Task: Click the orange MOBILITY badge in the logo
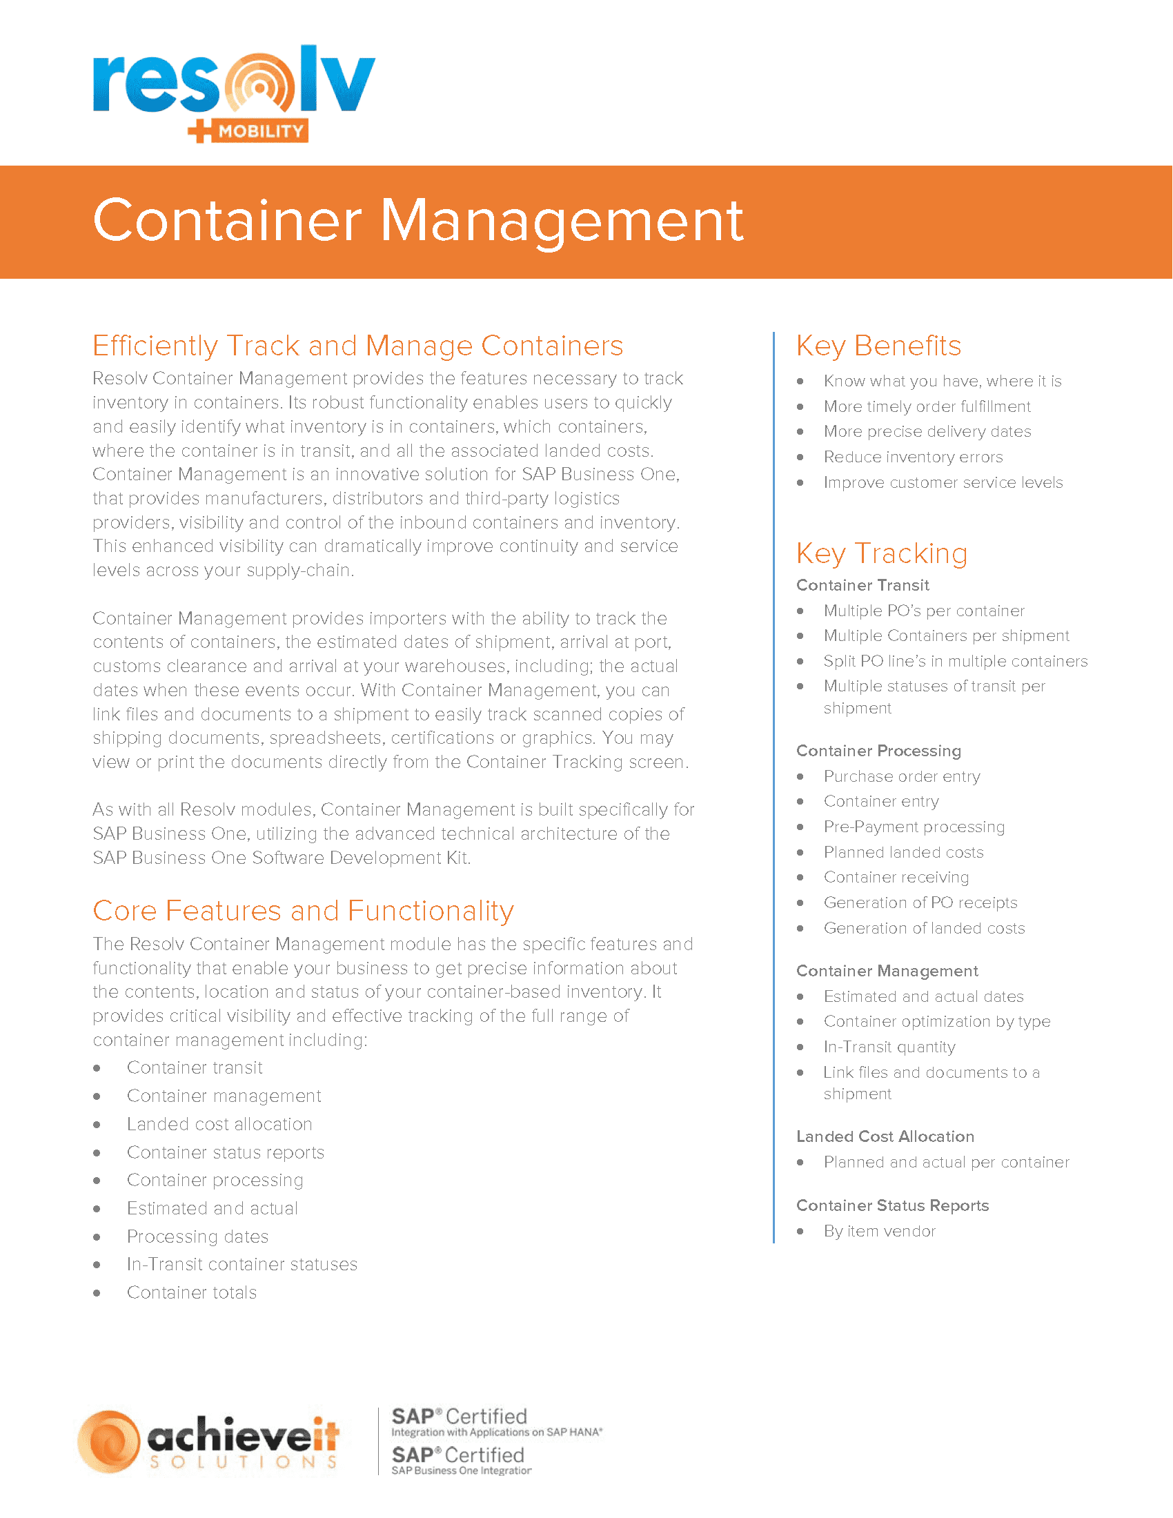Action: (x=261, y=130)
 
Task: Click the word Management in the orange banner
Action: (x=562, y=221)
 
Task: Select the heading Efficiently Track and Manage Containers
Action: (x=358, y=346)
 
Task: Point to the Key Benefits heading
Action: (x=878, y=346)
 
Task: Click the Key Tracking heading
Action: (x=881, y=553)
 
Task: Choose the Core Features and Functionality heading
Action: (x=303, y=911)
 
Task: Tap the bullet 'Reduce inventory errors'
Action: (x=912, y=457)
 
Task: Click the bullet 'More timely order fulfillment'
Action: (x=926, y=406)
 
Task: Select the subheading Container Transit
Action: (x=862, y=585)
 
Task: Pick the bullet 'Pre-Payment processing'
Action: (x=914, y=827)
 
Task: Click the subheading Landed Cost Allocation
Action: (x=885, y=1136)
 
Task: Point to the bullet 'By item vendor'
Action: (x=879, y=1231)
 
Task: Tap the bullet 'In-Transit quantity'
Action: (x=889, y=1047)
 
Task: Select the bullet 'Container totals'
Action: (x=192, y=1292)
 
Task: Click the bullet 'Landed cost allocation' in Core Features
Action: (x=219, y=1124)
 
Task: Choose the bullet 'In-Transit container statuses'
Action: (x=241, y=1263)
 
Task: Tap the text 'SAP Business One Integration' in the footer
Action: (x=462, y=1471)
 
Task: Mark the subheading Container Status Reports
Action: (x=892, y=1205)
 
